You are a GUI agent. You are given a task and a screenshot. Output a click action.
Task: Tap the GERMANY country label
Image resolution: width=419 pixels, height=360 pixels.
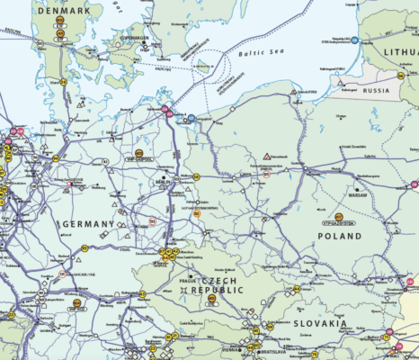(x=86, y=223)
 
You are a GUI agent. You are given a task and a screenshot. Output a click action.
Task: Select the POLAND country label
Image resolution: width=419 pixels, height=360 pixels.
(x=340, y=236)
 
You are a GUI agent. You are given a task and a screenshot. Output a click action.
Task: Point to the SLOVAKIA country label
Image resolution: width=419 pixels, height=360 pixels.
(x=320, y=322)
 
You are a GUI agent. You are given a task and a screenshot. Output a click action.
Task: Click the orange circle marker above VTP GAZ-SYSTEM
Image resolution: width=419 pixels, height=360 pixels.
(x=338, y=217)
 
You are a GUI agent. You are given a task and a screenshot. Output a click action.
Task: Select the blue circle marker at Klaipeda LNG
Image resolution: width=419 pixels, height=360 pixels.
(x=354, y=40)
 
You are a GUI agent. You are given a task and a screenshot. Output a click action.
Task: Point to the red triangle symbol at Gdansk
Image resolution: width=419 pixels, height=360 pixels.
(x=267, y=157)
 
